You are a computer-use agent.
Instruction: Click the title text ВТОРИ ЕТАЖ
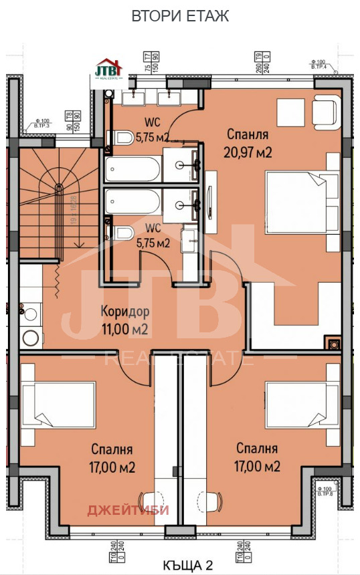[180, 16]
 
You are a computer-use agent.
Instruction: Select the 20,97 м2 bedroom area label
[248, 144]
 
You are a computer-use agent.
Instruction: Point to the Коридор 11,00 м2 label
[124, 320]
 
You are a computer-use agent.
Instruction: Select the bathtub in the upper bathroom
[132, 168]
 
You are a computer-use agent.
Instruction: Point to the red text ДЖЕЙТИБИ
[128, 511]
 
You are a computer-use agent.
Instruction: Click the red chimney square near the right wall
[331, 344]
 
